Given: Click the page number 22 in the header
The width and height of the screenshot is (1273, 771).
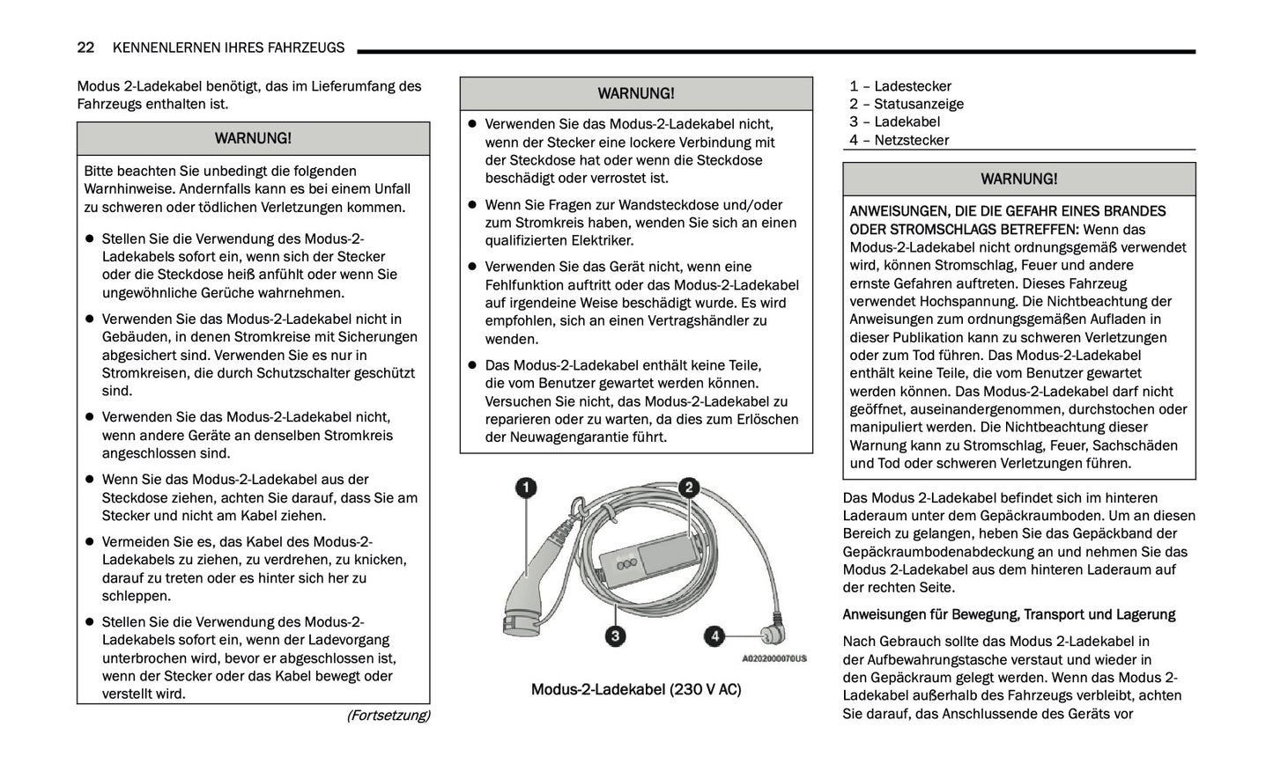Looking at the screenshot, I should [x=85, y=48].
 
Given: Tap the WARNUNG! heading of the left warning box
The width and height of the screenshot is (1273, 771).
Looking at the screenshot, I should [x=253, y=138].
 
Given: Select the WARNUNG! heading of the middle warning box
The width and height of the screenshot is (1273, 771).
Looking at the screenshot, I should [x=635, y=93].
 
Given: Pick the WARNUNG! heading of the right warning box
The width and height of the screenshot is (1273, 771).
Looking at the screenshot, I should [x=1018, y=179].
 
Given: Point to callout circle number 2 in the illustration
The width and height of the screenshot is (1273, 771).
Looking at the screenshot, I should [x=688, y=488].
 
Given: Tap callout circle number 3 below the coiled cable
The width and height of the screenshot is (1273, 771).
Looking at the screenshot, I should [x=615, y=635].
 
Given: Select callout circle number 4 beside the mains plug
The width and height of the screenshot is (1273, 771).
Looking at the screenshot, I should [x=714, y=635].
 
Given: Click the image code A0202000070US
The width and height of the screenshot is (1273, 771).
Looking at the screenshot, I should [x=773, y=658].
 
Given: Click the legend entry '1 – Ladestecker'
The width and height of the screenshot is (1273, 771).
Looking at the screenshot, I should [x=899, y=86].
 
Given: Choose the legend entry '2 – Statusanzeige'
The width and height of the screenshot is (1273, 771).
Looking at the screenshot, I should [x=906, y=104].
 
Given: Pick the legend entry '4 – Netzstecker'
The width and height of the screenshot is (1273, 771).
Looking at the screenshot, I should [x=899, y=140].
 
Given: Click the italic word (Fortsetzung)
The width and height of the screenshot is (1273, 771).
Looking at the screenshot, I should [x=388, y=715].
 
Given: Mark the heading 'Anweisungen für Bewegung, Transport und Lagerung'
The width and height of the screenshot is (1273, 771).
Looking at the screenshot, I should [x=1009, y=614].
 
